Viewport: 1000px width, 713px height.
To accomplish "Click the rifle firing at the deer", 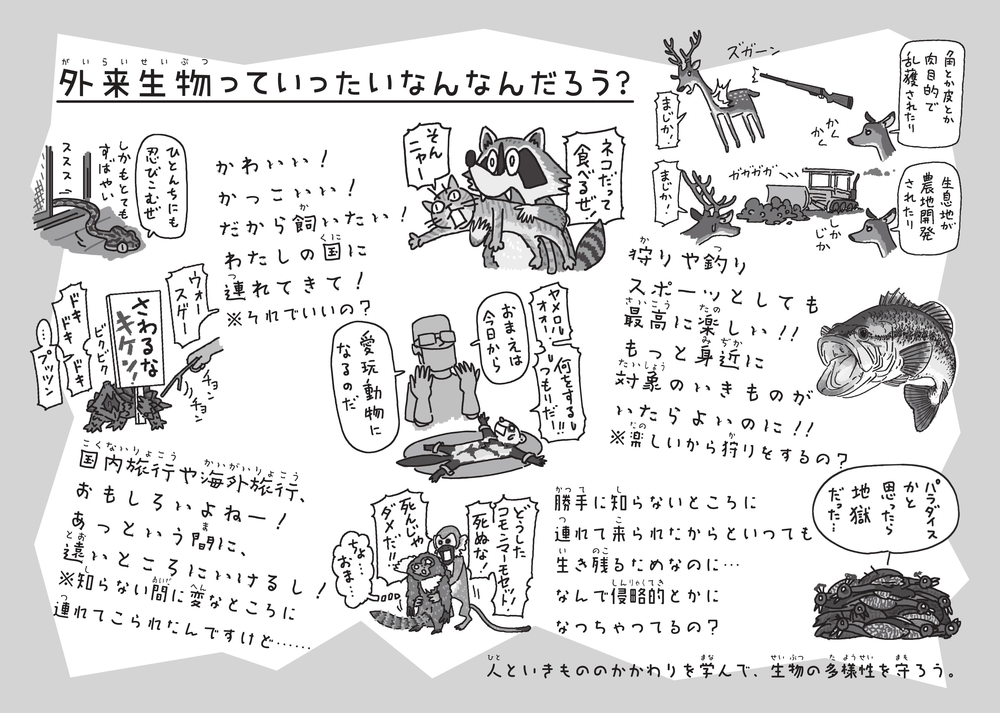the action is point(806,90).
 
